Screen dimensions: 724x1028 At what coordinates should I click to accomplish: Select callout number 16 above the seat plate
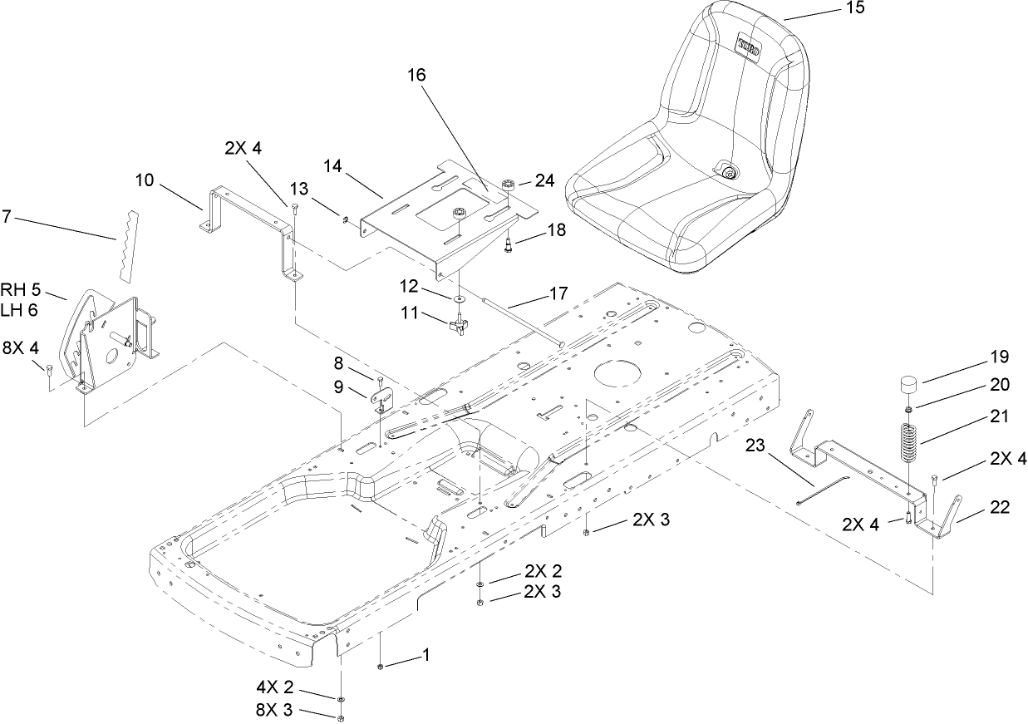[416, 75]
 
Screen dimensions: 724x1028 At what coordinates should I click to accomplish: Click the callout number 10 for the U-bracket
[145, 180]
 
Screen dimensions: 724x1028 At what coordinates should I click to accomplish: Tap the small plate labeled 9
[379, 400]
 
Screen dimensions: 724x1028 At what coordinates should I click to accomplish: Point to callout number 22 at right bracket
[1000, 508]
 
